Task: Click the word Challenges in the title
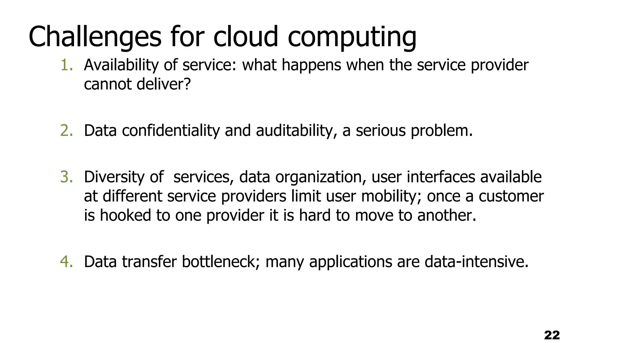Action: (95, 37)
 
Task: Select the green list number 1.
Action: (66, 65)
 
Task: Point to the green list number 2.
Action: (66, 131)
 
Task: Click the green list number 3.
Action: (66, 177)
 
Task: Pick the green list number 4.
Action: (66, 262)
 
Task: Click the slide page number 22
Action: (552, 335)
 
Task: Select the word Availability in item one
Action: (121, 65)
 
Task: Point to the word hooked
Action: (125, 215)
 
